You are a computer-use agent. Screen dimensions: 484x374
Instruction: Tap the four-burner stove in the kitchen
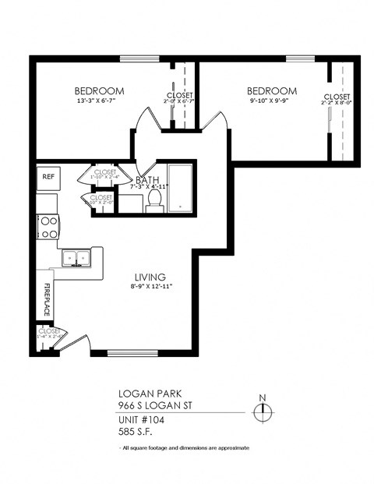[48, 227]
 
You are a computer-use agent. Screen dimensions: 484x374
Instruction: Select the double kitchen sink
[76, 257]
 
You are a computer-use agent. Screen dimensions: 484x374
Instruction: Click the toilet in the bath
[153, 202]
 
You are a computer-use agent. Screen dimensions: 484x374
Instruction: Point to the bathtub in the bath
[180, 188]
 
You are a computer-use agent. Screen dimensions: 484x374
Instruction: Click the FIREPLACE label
[46, 298]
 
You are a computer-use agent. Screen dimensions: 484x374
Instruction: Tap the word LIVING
[150, 277]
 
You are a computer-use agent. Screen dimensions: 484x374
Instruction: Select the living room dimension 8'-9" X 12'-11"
[150, 287]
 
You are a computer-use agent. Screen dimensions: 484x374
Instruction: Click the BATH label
[147, 178]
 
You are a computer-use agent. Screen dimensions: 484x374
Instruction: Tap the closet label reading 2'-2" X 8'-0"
[338, 101]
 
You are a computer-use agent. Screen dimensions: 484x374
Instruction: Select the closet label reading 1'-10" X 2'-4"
[104, 177]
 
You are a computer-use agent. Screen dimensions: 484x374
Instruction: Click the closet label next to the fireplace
[48, 334]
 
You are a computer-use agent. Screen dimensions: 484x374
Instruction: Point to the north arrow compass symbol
[263, 409]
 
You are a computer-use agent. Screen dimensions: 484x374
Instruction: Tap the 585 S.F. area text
[136, 431]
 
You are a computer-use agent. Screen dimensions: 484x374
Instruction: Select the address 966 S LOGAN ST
[155, 406]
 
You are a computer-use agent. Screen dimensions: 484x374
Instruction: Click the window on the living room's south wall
[132, 353]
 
